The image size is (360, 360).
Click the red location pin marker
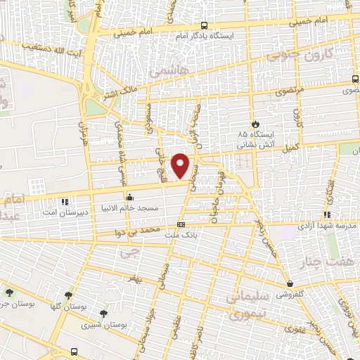click(x=181, y=165)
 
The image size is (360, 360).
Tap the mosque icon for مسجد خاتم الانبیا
click(x=129, y=198)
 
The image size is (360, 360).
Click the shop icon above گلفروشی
click(x=290, y=285)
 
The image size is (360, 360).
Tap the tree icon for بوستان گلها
click(x=68, y=296)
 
